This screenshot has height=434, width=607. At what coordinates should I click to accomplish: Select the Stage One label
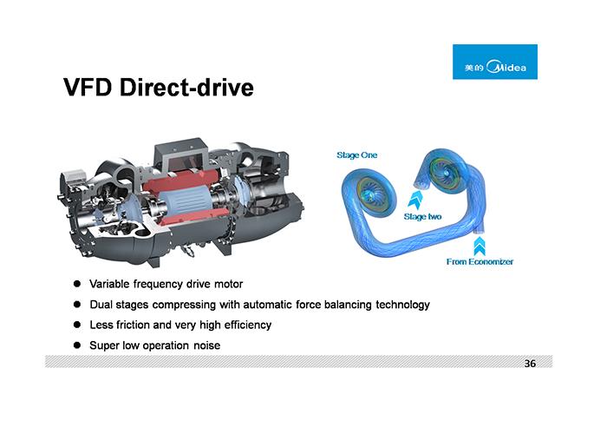pyautogui.click(x=356, y=155)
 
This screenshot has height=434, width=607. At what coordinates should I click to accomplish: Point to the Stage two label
pyautogui.click(x=422, y=216)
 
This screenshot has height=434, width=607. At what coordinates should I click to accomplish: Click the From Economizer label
pyautogui.click(x=480, y=260)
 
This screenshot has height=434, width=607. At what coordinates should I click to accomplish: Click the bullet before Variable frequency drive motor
pyautogui.click(x=76, y=284)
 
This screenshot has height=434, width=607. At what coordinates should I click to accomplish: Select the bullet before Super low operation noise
pyautogui.click(x=76, y=345)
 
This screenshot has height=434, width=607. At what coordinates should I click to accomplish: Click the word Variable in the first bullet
pyautogui.click(x=109, y=284)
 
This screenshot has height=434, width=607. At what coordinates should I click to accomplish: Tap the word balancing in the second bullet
pyautogui.click(x=336, y=305)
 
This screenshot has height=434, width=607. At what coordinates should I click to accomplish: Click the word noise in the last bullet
pyautogui.click(x=205, y=345)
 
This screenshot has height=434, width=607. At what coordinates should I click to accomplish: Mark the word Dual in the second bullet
pyautogui.click(x=102, y=305)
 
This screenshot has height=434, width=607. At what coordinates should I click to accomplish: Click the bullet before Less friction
pyautogui.click(x=76, y=325)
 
